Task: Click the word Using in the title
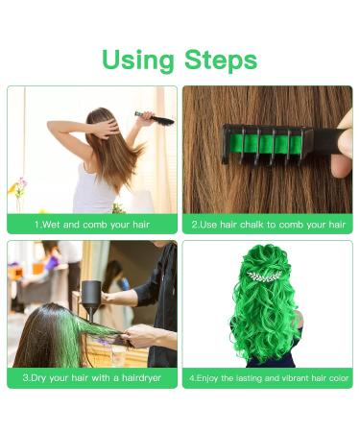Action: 140,60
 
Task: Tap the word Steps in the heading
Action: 221,60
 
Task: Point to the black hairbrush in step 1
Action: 156,119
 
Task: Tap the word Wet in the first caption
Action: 51,225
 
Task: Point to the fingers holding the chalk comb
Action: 342,154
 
